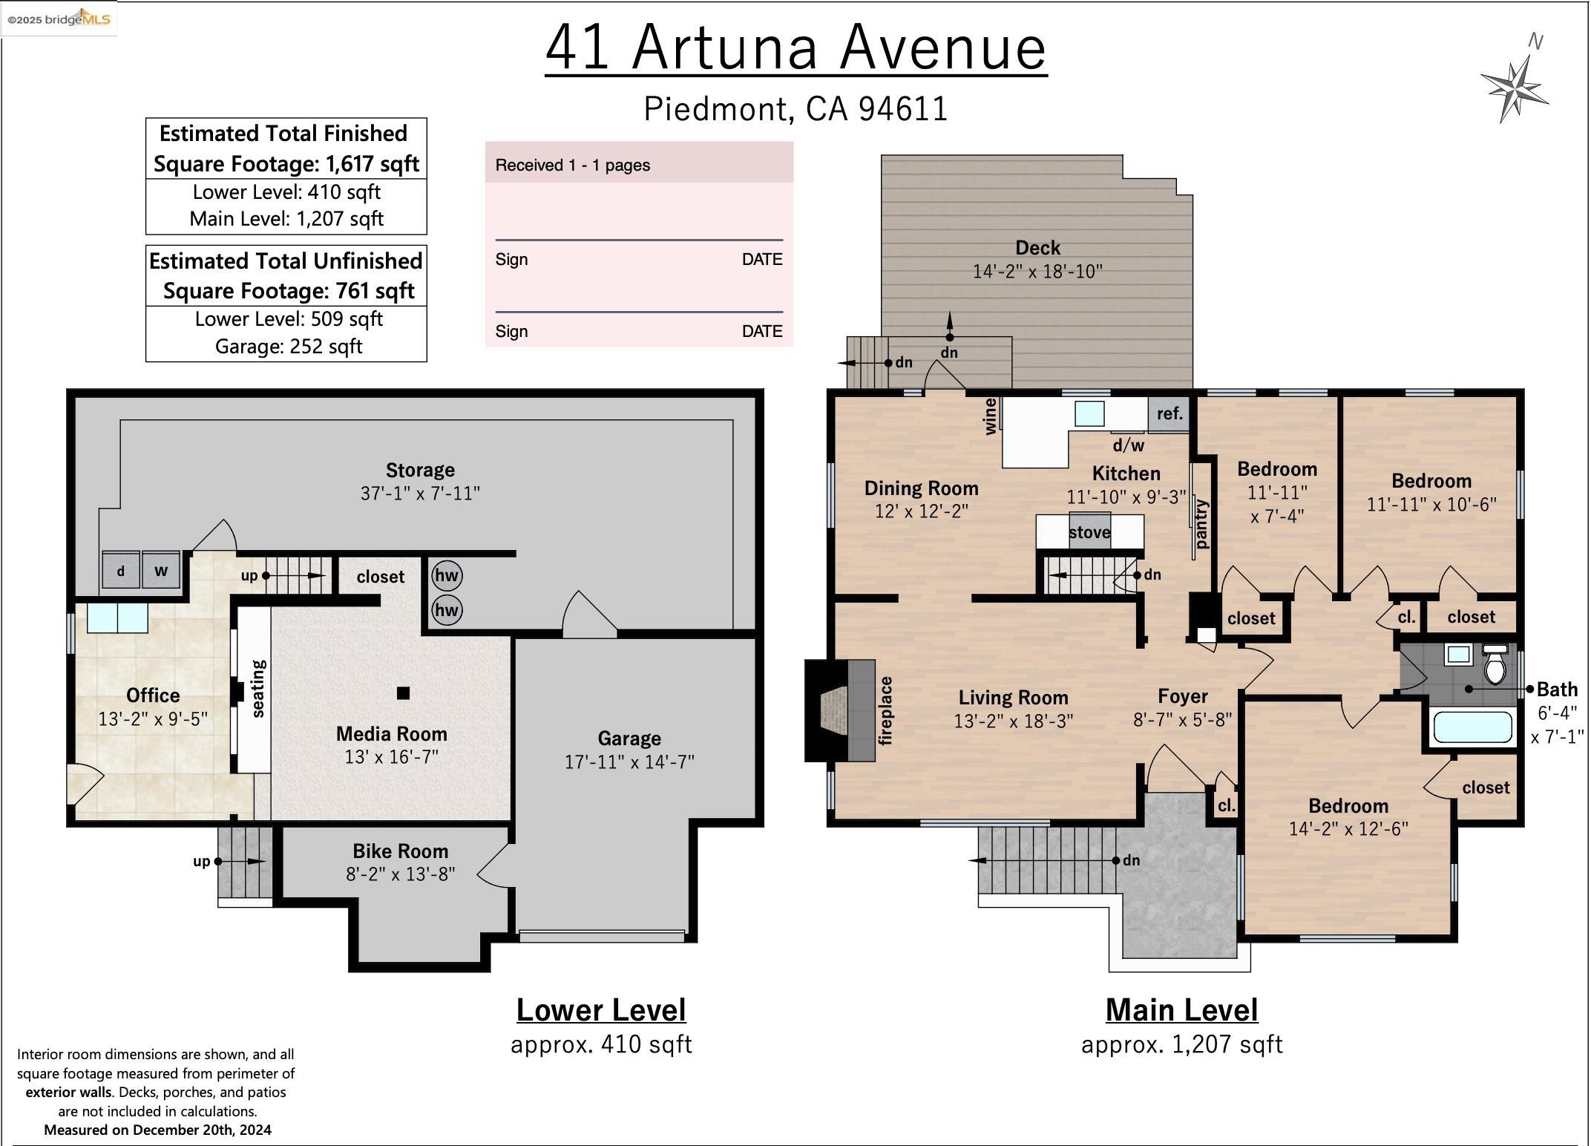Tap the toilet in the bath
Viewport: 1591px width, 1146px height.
point(1495,666)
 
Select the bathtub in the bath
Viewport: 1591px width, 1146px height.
point(1472,727)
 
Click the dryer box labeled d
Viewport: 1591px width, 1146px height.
point(120,571)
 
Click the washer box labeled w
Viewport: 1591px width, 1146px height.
point(161,571)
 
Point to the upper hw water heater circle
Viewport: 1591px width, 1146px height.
point(447,575)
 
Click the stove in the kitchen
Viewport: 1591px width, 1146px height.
point(1089,531)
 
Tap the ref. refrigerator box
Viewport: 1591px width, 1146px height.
point(1170,414)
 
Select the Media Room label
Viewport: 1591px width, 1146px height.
point(391,734)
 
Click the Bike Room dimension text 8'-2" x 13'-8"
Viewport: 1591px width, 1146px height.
point(400,874)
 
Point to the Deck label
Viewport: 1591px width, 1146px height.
point(1037,248)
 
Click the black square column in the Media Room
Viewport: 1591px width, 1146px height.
point(403,693)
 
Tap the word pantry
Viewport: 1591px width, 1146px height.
point(1201,524)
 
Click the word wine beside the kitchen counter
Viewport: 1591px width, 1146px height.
point(990,416)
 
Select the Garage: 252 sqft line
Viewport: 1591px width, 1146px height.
point(288,347)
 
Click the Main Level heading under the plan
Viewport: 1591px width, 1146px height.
point(1181,1010)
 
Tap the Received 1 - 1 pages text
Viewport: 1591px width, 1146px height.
point(572,166)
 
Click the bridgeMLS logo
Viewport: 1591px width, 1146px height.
point(59,19)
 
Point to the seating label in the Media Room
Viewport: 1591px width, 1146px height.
point(258,689)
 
